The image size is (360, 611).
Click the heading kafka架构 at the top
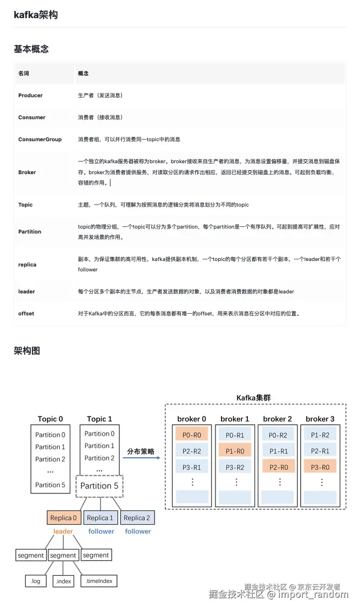[36, 15]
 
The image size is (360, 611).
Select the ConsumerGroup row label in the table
[40, 140]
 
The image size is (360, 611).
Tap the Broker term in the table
[27, 173]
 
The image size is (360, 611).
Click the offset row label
[26, 313]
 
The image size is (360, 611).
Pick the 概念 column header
[84, 73]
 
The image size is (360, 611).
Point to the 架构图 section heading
[27, 351]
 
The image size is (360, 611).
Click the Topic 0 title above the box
[50, 419]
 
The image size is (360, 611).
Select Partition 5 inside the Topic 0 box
[50, 485]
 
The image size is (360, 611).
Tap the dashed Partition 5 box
[99, 486]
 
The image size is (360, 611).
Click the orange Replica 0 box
[63, 518]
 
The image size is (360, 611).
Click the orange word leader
[63, 531]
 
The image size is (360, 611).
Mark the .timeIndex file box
[99, 581]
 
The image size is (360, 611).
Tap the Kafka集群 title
[253, 397]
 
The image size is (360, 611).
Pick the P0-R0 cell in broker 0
[192, 435]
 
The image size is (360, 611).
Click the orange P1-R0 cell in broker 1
[235, 451]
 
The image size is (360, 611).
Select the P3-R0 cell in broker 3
[320, 467]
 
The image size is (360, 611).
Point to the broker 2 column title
[278, 419]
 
